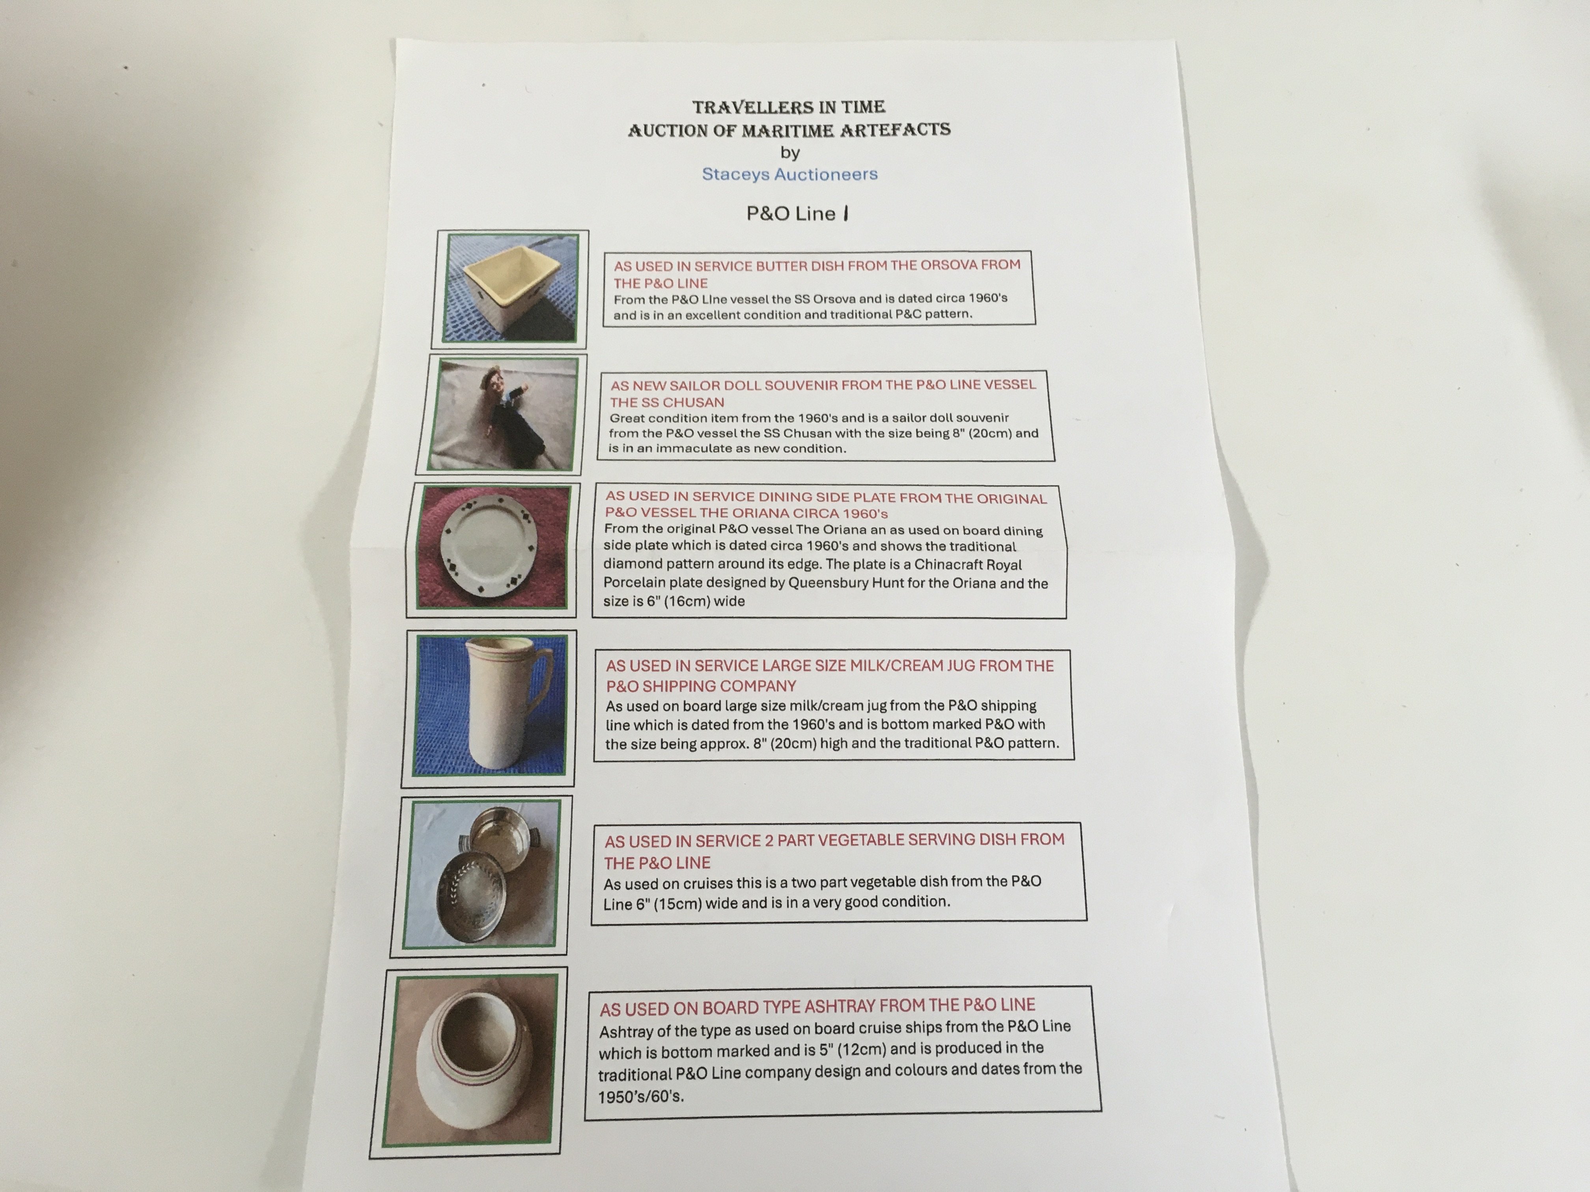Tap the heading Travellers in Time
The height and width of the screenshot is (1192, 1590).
789,107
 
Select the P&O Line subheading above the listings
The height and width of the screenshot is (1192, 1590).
797,213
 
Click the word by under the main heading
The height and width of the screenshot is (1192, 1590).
790,152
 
